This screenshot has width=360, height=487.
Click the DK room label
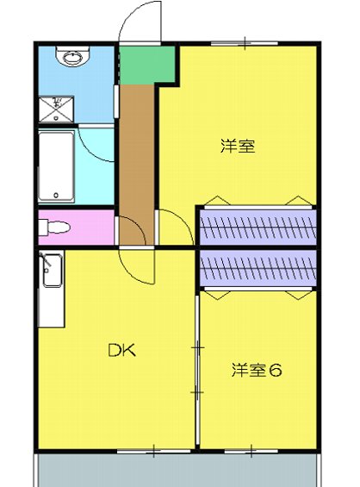point(122,350)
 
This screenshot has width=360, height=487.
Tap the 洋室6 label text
point(257,371)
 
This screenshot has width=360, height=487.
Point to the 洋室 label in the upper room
point(237,146)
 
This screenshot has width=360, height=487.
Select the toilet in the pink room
point(54,228)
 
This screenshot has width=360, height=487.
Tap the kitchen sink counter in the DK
point(51,289)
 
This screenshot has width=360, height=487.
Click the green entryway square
point(136,63)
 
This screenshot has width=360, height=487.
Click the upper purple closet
point(258,227)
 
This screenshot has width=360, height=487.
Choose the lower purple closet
point(258,269)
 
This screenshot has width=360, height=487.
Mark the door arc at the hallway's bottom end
point(129,231)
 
